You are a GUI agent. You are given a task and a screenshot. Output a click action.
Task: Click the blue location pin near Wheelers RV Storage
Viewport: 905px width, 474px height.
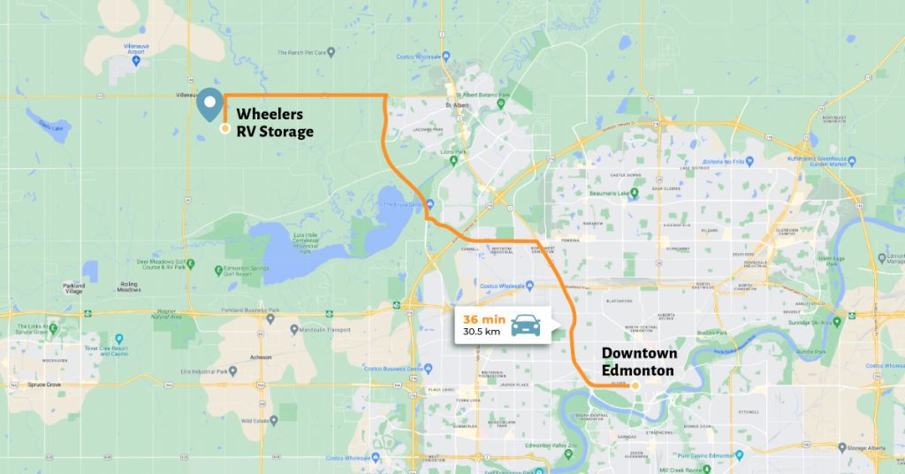coord(209,104)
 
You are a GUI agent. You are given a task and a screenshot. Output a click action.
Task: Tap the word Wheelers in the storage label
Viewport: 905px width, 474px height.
coord(270,115)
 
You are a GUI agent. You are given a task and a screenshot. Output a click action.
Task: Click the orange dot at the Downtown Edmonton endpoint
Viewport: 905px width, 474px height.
coord(635,386)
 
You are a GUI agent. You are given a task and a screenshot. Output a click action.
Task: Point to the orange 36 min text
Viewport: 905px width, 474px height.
coord(478,318)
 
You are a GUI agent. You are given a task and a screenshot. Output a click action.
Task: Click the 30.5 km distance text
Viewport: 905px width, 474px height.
coord(480,333)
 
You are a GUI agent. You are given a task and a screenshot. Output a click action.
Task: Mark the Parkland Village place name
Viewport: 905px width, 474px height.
coord(74,288)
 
